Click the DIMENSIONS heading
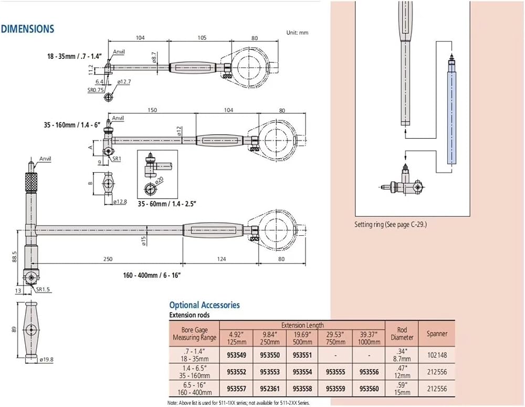(27, 29)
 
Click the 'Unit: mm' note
(297, 33)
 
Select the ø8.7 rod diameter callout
(154, 57)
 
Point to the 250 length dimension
(108, 259)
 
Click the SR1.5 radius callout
(43, 289)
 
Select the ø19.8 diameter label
(46, 359)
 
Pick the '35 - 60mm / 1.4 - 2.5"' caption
(166, 204)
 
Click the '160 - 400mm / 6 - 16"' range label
(152, 275)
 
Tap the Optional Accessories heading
(205, 305)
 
